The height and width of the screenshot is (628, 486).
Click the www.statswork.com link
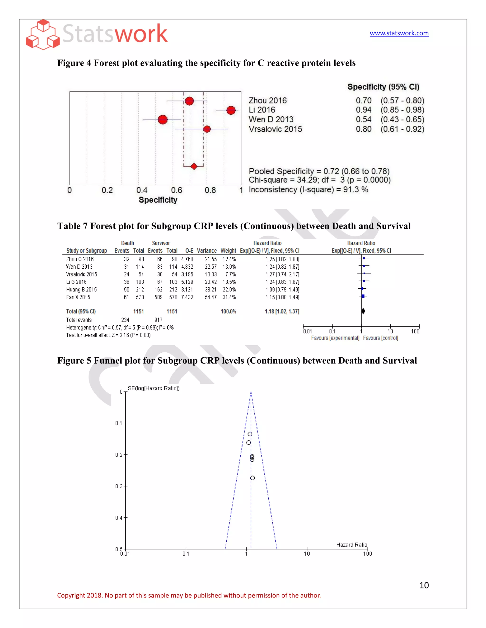click(x=399, y=33)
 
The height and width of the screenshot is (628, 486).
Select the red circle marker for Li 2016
click(x=231, y=110)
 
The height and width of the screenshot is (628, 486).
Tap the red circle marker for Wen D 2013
click(x=163, y=119)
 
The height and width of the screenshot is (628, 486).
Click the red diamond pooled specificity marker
click(x=194, y=166)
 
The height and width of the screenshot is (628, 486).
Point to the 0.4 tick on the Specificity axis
click(x=142, y=190)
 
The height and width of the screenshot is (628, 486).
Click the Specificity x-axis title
click(x=158, y=200)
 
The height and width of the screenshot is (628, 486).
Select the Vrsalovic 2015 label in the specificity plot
click(x=275, y=129)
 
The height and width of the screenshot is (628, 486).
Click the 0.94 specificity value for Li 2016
click(x=363, y=110)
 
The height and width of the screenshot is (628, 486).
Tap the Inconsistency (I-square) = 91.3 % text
click(x=308, y=190)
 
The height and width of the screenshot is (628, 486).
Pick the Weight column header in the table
click(x=228, y=250)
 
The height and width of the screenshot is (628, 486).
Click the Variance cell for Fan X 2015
click(x=210, y=297)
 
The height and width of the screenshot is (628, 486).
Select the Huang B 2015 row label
click(x=81, y=290)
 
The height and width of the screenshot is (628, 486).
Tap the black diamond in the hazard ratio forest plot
click(x=363, y=311)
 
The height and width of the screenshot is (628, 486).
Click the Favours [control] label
click(x=380, y=338)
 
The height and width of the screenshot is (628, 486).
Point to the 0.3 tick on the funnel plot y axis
click(x=119, y=486)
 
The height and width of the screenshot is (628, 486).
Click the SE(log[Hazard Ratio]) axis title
click(x=154, y=388)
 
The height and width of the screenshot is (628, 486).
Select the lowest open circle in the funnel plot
click(x=252, y=478)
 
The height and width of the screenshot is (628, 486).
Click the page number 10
click(x=424, y=585)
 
